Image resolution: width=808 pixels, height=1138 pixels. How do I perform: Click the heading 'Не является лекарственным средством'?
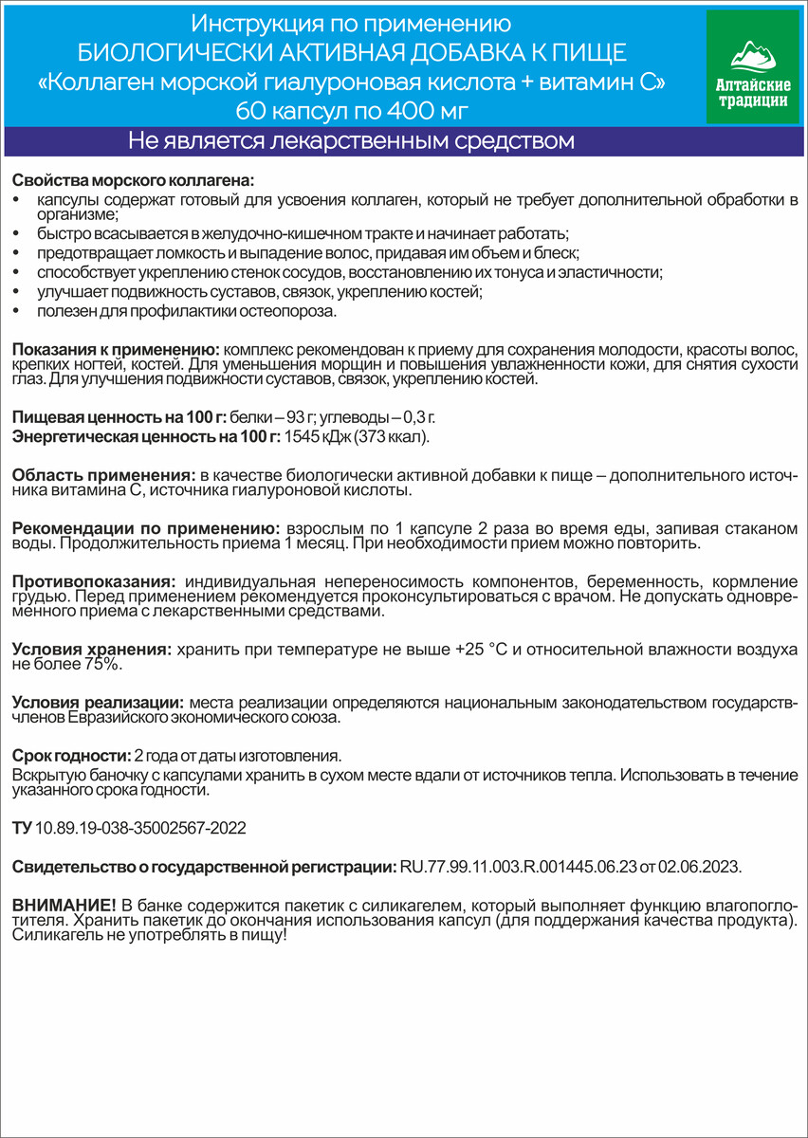(352, 142)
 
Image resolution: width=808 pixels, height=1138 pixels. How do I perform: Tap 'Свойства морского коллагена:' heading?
(134, 181)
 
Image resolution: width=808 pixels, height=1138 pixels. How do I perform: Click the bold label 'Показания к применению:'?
(115, 349)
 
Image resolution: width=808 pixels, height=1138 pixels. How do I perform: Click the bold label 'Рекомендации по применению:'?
(143, 527)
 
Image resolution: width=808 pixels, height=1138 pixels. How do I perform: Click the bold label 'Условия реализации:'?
(97, 703)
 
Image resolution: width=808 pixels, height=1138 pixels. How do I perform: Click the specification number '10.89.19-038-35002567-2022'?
(139, 828)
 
